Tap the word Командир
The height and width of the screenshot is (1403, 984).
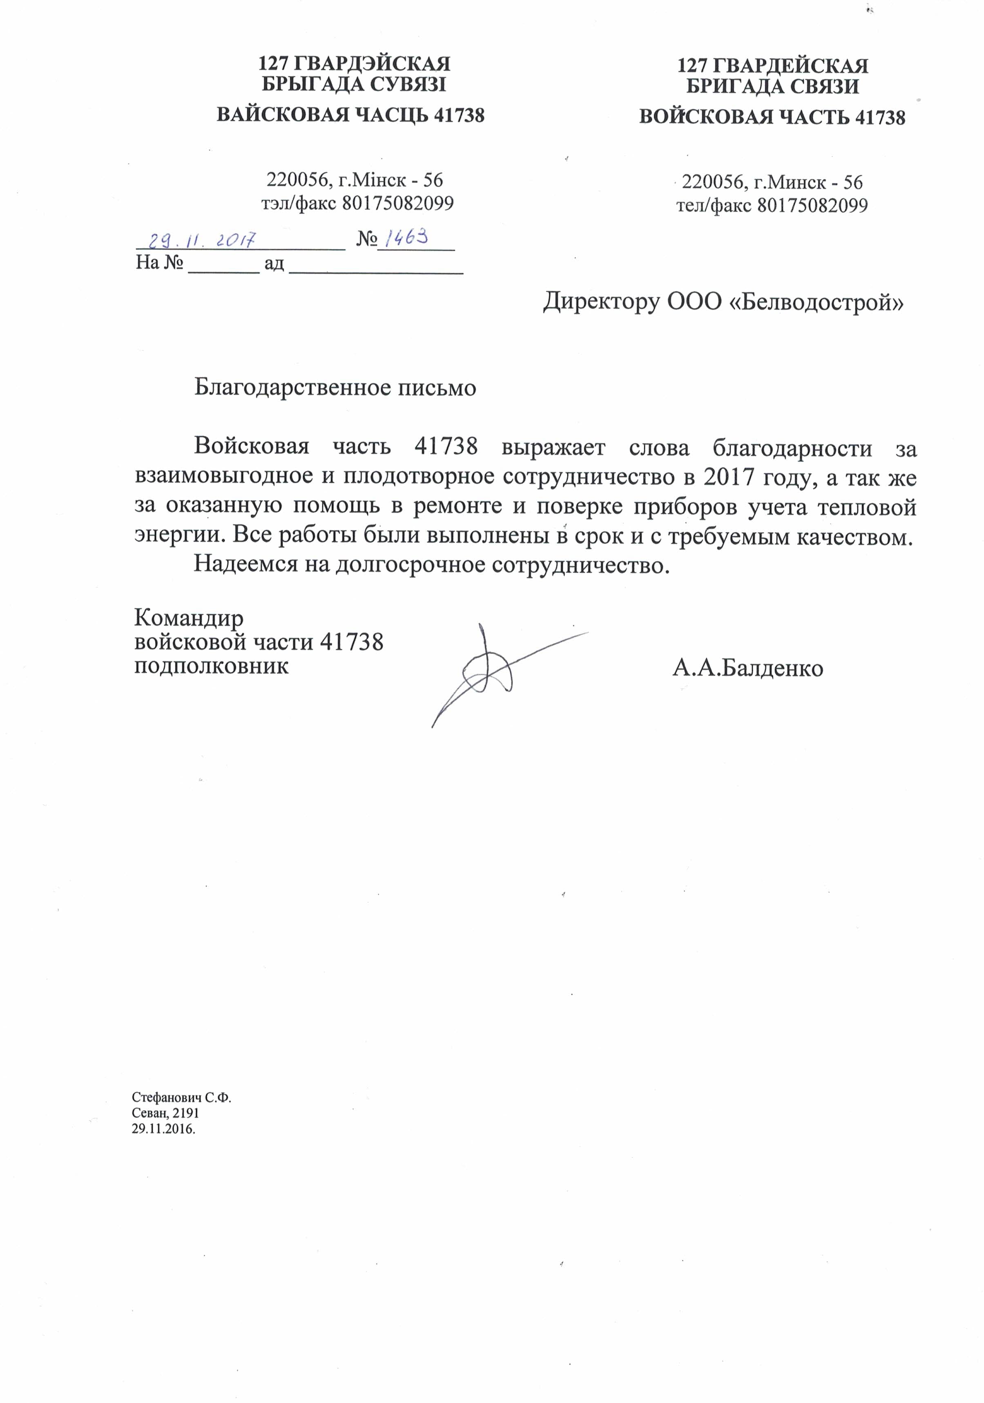click(x=188, y=618)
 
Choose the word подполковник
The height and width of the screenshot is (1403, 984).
click(x=211, y=665)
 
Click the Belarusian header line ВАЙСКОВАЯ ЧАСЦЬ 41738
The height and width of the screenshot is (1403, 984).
click(x=350, y=115)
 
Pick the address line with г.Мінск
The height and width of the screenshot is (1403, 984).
click(x=355, y=180)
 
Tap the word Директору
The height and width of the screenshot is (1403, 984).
click(x=601, y=302)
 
